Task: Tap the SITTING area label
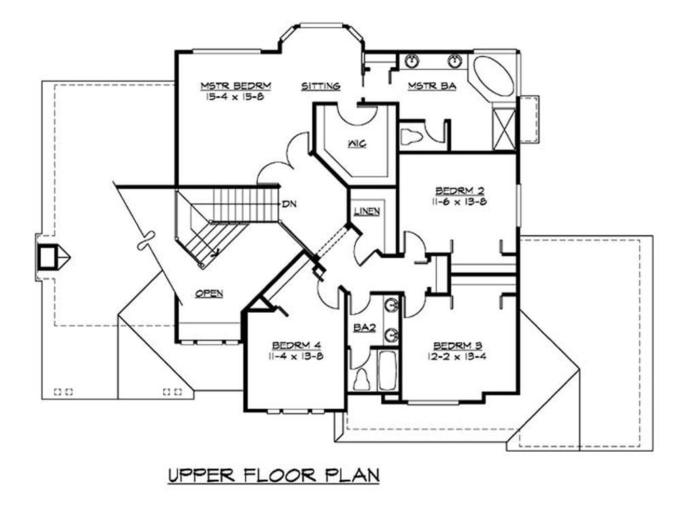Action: coord(321,86)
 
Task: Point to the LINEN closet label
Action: coord(366,211)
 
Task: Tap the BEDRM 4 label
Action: coord(296,344)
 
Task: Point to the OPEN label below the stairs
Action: coord(209,293)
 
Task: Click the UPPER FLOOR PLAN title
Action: coord(272,475)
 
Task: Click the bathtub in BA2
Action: coord(388,371)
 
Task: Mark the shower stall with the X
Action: coord(505,127)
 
